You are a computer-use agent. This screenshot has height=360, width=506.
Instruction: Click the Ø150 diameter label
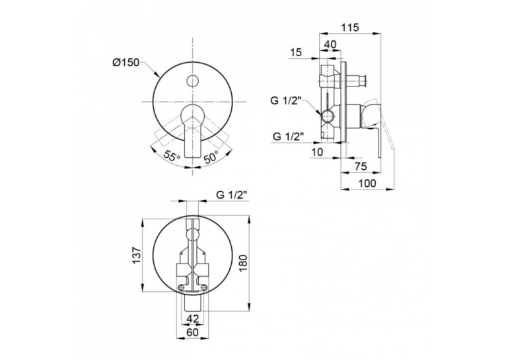point(126,62)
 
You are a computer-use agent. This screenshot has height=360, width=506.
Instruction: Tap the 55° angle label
point(172,156)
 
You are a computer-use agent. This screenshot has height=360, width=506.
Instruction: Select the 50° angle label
point(211,156)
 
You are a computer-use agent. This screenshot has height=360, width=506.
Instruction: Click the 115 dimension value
point(350,28)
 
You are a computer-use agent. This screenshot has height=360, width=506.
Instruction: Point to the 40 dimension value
point(330,44)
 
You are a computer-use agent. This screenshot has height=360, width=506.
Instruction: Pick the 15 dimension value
point(295,52)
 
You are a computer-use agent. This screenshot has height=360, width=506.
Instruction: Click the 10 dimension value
point(318,153)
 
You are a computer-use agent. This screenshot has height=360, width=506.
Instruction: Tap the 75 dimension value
point(361,166)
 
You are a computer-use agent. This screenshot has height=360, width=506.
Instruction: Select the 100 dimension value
point(367,183)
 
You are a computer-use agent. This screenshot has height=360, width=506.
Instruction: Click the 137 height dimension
point(137,255)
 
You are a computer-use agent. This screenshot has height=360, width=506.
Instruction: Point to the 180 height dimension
point(243,263)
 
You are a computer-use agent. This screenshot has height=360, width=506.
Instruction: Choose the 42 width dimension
point(193,318)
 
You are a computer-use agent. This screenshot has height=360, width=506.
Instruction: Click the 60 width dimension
point(193,332)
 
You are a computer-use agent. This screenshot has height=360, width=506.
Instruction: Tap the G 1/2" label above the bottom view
point(232,195)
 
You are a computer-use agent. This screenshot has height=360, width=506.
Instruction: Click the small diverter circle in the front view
point(193,81)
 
